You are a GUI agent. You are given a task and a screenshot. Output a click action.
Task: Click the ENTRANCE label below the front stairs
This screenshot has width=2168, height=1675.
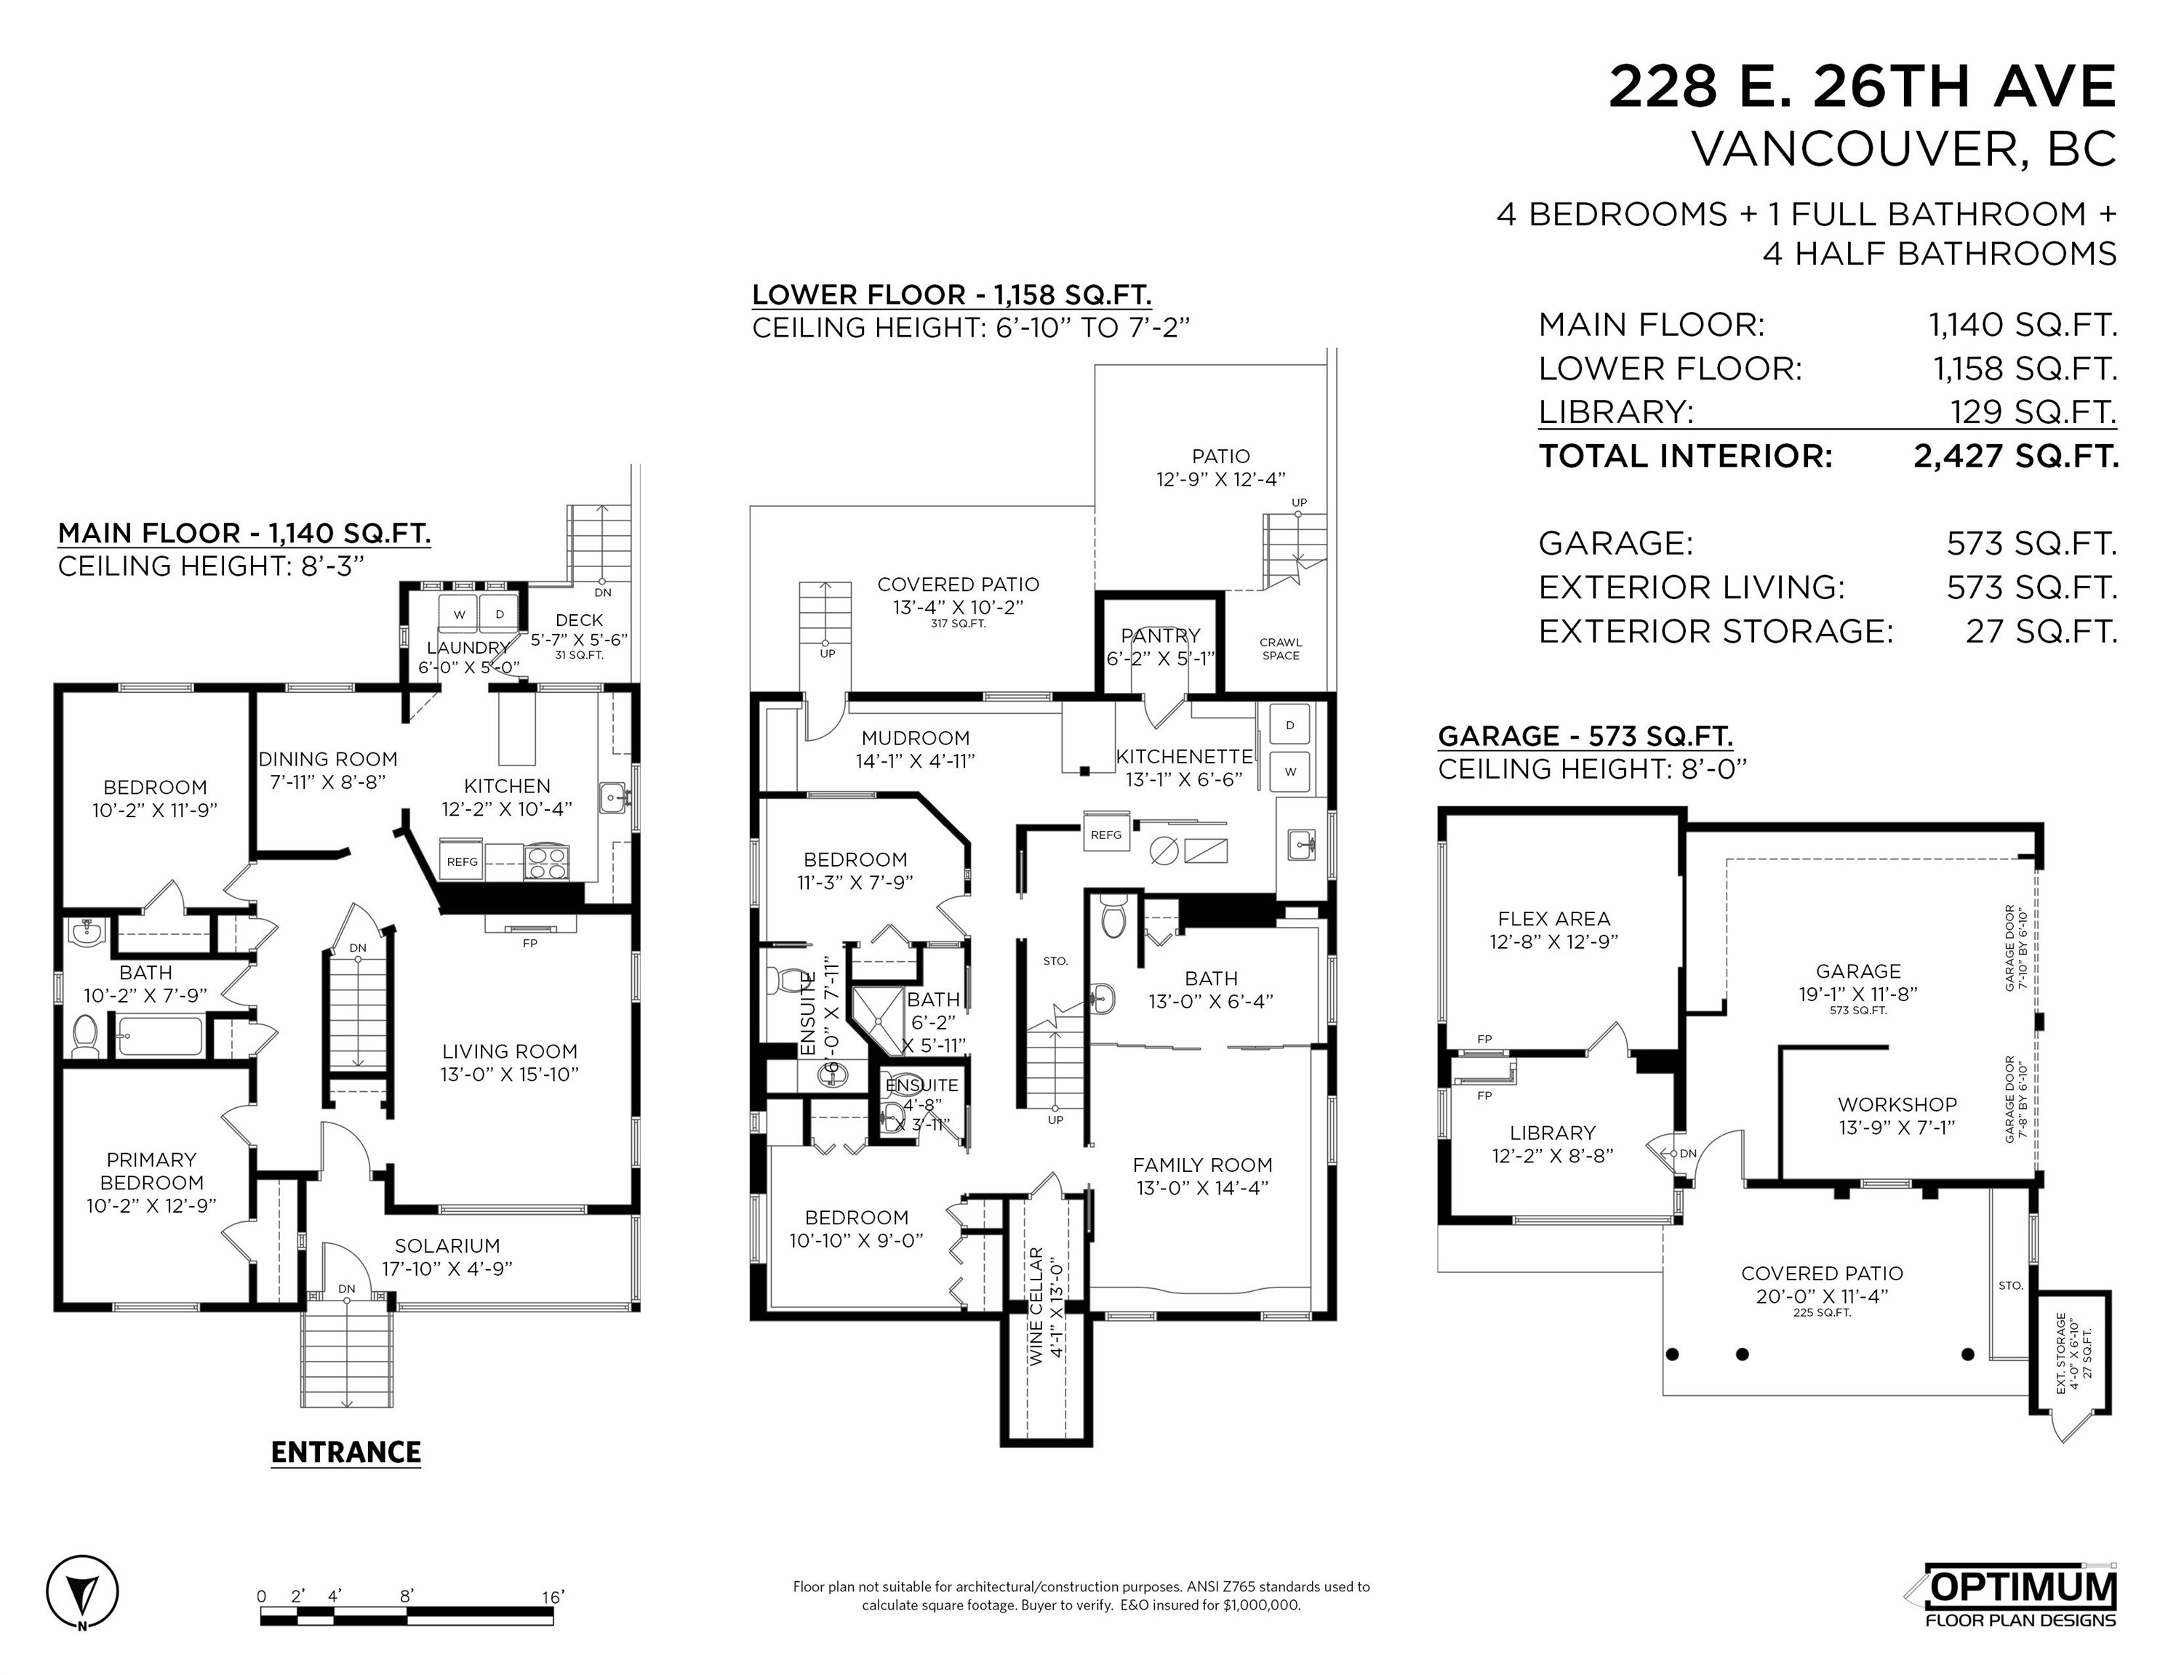click(345, 1453)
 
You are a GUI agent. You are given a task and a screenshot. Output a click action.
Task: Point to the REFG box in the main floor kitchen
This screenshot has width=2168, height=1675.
click(462, 861)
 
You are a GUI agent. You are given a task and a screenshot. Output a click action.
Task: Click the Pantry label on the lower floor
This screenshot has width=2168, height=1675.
click(1161, 636)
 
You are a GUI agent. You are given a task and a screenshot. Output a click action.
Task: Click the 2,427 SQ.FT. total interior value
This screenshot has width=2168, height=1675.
click(2015, 457)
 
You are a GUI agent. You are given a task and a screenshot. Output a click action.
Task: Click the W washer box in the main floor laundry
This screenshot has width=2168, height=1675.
click(460, 614)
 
